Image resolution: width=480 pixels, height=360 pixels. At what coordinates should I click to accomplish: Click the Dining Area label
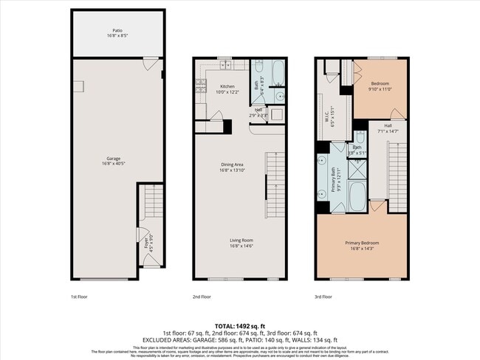tap(233, 167)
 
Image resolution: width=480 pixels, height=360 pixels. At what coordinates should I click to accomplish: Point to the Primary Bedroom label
tap(362, 245)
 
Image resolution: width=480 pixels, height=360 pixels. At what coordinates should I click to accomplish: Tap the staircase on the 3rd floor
tap(398, 170)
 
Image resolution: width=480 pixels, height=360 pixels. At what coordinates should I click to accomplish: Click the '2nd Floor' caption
tap(202, 297)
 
